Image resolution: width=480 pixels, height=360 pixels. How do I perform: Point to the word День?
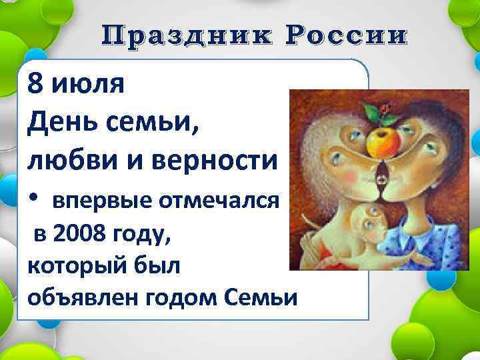[x=57, y=122]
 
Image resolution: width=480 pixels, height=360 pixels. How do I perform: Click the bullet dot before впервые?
[x=34, y=199]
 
